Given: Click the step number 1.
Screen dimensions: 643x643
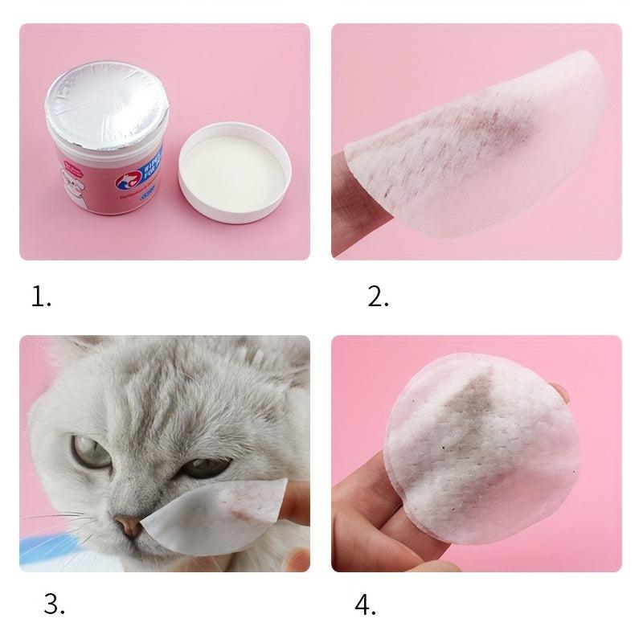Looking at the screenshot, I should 41,297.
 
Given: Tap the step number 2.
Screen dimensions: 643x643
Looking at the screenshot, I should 378,297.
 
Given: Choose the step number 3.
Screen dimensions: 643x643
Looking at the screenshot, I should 54,604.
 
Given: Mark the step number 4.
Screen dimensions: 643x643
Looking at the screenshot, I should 366,604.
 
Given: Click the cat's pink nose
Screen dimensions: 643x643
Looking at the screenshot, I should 127,526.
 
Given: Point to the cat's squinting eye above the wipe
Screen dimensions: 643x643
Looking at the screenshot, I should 206,468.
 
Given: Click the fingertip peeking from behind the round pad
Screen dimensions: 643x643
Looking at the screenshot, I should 560,394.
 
